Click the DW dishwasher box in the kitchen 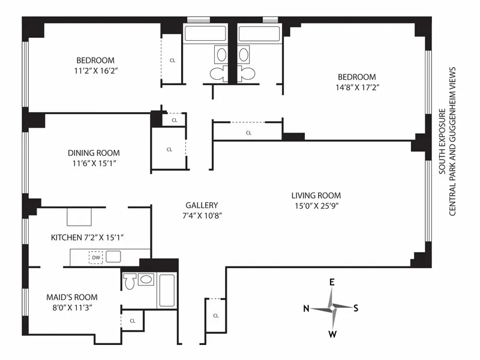(x=96, y=257)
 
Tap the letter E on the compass (x=331, y=281)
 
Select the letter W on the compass (x=332, y=334)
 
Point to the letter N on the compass (x=306, y=308)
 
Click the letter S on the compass (x=356, y=308)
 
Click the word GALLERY (x=202, y=205)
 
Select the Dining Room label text (x=94, y=152)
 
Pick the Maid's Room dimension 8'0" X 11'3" (x=72, y=307)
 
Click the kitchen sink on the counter (x=114, y=257)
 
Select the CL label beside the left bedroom (x=172, y=60)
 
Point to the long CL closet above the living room (x=248, y=133)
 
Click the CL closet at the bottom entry (x=215, y=315)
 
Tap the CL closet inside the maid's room (x=133, y=320)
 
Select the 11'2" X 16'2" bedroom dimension (x=95, y=70)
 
